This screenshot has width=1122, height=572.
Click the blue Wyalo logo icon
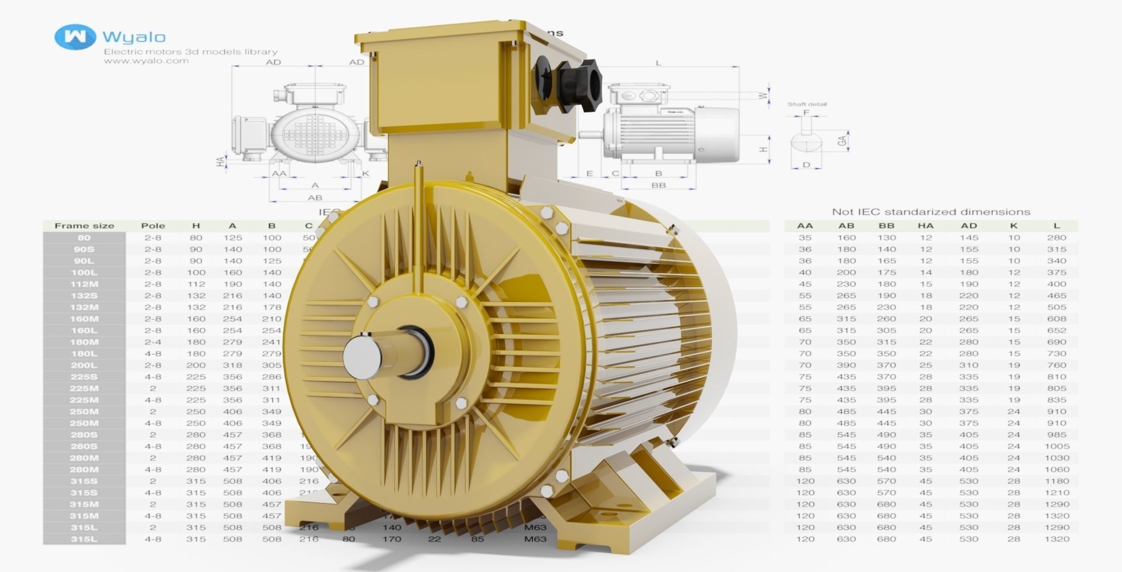pos(75,37)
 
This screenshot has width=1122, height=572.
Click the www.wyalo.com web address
pos(146,61)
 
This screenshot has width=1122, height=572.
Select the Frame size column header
pos(84,226)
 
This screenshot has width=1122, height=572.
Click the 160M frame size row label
pos(84,319)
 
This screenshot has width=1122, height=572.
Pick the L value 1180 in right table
pos(1057,481)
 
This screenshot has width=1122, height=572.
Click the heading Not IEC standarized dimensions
pos(931,212)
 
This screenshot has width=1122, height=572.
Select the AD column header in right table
pos(968,226)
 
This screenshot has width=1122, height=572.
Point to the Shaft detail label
pos(807,104)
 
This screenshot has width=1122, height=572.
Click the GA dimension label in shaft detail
pos(842,141)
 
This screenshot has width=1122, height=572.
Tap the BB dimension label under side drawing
pos(659,185)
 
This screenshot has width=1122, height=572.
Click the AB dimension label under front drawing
pos(315,198)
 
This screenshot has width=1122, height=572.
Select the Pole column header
pos(153,226)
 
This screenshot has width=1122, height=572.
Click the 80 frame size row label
pos(84,237)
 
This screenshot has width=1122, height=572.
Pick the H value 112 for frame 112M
pos(196,284)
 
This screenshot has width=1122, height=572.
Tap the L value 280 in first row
pos(1057,237)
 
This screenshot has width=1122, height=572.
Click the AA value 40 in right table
pos(805,272)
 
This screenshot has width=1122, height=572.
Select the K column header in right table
pos(1014,226)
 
